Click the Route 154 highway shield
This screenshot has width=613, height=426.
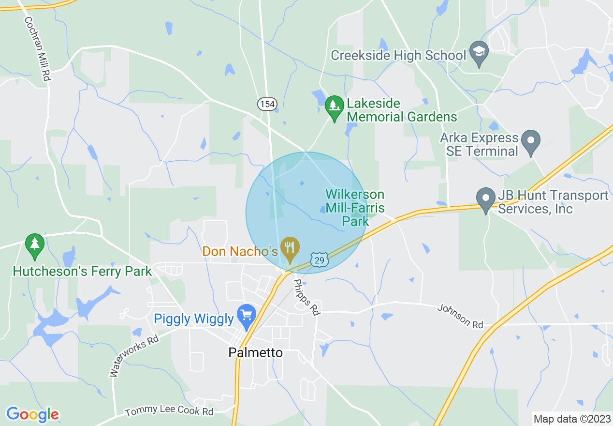(266, 104)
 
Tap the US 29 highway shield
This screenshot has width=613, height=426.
(320, 259)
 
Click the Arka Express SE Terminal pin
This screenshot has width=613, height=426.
(531, 142)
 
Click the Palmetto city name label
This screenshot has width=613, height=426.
(255, 352)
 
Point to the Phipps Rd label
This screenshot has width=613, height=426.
(307, 298)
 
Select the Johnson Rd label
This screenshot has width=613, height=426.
(460, 316)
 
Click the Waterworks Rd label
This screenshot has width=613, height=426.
(134, 356)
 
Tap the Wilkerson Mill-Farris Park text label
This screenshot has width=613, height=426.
(355, 208)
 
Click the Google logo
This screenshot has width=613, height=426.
(32, 414)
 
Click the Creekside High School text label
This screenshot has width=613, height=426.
(398, 55)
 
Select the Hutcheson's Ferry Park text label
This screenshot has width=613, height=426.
(83, 271)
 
